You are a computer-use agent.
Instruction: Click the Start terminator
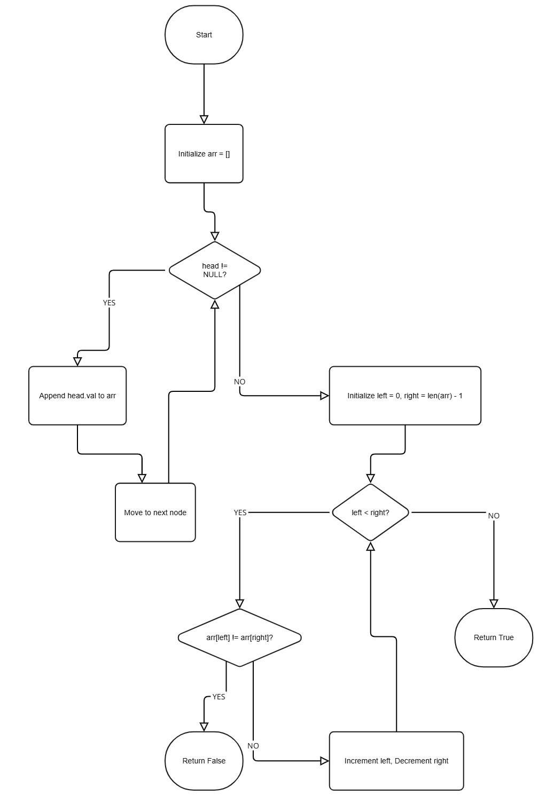(204, 35)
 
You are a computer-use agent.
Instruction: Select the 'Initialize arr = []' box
(204, 154)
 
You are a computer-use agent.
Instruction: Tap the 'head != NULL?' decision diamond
(215, 270)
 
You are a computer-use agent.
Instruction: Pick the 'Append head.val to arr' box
(77, 396)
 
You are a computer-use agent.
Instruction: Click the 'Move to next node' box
(155, 513)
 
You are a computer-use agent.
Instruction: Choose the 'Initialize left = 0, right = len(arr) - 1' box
(405, 396)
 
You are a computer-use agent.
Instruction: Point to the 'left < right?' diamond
(370, 513)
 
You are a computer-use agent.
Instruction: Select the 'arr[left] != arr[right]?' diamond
(239, 637)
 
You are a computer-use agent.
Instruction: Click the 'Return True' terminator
(494, 637)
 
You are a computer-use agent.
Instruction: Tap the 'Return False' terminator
(204, 761)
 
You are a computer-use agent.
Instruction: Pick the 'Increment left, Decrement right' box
(396, 761)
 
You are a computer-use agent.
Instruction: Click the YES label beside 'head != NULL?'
(109, 303)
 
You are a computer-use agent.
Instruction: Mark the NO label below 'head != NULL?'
(239, 382)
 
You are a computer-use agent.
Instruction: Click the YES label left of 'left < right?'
(240, 513)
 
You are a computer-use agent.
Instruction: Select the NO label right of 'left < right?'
(494, 516)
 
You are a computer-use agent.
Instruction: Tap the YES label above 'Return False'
(219, 697)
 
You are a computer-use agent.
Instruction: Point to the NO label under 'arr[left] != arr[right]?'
(253, 746)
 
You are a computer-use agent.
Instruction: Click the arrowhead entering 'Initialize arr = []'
(204, 120)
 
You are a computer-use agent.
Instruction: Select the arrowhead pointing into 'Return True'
(494, 604)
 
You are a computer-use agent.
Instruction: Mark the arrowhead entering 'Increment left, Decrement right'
(324, 761)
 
